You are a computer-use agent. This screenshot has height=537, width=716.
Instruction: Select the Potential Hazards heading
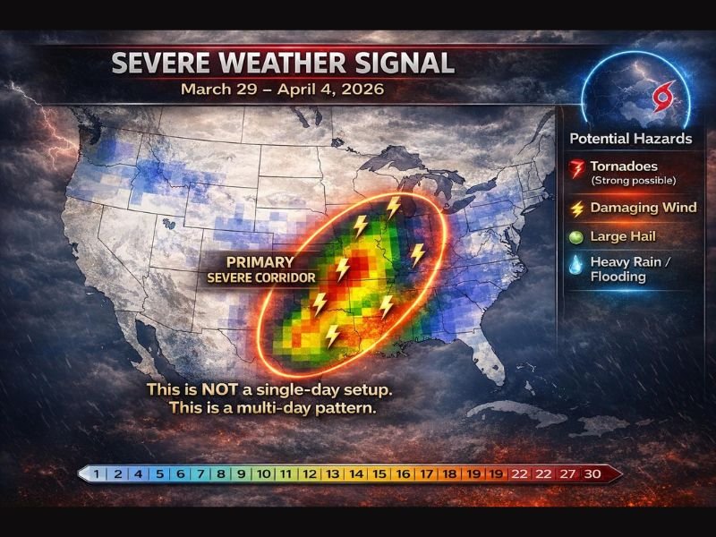tap(630, 139)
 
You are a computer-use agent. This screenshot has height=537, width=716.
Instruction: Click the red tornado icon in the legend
tap(576, 168)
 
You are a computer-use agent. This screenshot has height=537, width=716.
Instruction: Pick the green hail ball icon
tap(576, 237)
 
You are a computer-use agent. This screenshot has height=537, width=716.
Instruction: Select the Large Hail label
tap(623, 236)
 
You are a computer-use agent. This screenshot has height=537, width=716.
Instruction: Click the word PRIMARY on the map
tap(260, 262)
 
